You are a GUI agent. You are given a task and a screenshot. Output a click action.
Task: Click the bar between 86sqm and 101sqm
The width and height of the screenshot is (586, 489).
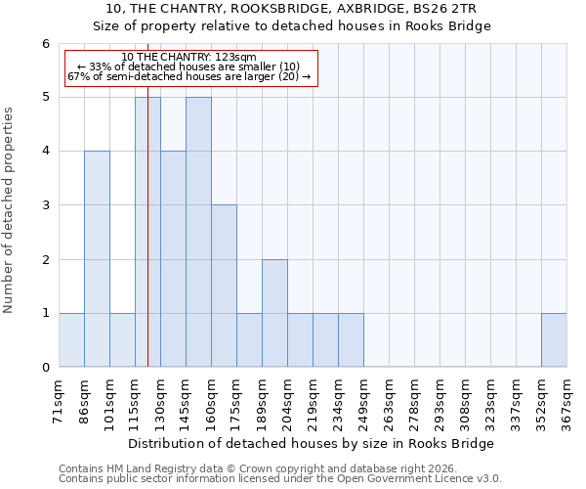97,259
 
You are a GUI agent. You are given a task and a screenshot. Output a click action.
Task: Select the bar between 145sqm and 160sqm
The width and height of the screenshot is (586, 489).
198,232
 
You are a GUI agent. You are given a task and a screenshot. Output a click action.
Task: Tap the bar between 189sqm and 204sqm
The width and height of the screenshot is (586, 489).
274,313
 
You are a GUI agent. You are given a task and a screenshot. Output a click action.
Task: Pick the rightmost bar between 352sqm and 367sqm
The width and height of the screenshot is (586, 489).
554,340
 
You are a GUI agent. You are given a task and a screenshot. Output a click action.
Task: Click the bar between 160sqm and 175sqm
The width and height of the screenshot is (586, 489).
224,286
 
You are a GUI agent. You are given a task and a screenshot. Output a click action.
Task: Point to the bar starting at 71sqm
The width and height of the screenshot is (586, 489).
71,340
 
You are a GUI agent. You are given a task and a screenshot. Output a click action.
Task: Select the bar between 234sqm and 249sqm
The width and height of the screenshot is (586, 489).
351,340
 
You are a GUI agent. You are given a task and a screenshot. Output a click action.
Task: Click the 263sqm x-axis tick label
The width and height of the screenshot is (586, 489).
389,398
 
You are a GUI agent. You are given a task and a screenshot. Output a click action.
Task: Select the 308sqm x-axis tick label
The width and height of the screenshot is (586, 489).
465,398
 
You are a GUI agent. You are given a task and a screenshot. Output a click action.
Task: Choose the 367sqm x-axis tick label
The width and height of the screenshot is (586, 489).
566,398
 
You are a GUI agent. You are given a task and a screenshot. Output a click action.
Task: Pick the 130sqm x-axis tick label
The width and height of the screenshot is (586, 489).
160,398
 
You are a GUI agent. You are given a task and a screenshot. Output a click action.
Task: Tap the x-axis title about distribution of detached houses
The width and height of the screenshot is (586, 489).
312,443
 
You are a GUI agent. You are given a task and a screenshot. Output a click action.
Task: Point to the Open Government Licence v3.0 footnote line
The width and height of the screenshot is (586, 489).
280,479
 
